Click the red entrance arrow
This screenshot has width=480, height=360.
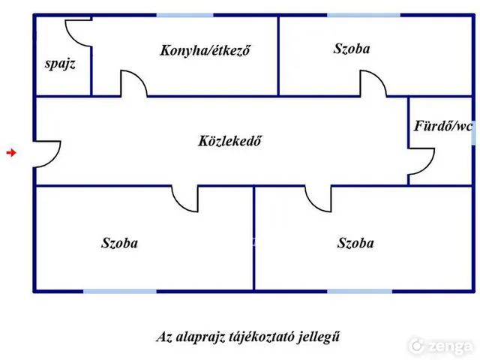11,152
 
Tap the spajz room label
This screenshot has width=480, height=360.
60,64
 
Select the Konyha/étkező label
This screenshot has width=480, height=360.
205,50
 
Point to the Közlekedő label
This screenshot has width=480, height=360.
229,141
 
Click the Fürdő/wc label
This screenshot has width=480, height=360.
443,126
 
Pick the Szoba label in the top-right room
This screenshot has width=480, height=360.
352,49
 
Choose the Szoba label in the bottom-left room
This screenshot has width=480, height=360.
120,243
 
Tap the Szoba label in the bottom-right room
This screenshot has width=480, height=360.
355,243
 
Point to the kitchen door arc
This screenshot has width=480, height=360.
140,79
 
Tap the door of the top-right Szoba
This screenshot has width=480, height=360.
379,79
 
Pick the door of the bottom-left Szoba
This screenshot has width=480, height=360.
179,203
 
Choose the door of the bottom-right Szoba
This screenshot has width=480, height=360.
312,203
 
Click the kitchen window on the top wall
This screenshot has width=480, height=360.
185,15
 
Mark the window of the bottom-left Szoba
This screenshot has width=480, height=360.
120,291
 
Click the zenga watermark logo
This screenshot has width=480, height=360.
442,346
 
